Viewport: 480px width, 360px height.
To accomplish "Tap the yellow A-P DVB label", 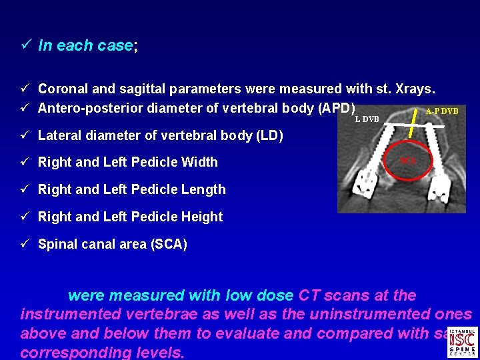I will pyautogui.click(x=442, y=111).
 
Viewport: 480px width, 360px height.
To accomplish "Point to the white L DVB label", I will pyautogui.click(x=367, y=119).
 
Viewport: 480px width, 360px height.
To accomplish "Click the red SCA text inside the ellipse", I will pyautogui.click(x=408, y=160).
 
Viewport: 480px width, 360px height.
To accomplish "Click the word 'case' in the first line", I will pyautogui.click(x=115, y=46).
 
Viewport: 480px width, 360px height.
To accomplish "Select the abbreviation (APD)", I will pyautogui.click(x=337, y=108).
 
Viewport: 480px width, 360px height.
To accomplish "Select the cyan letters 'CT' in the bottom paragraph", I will pyautogui.click(x=309, y=295).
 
